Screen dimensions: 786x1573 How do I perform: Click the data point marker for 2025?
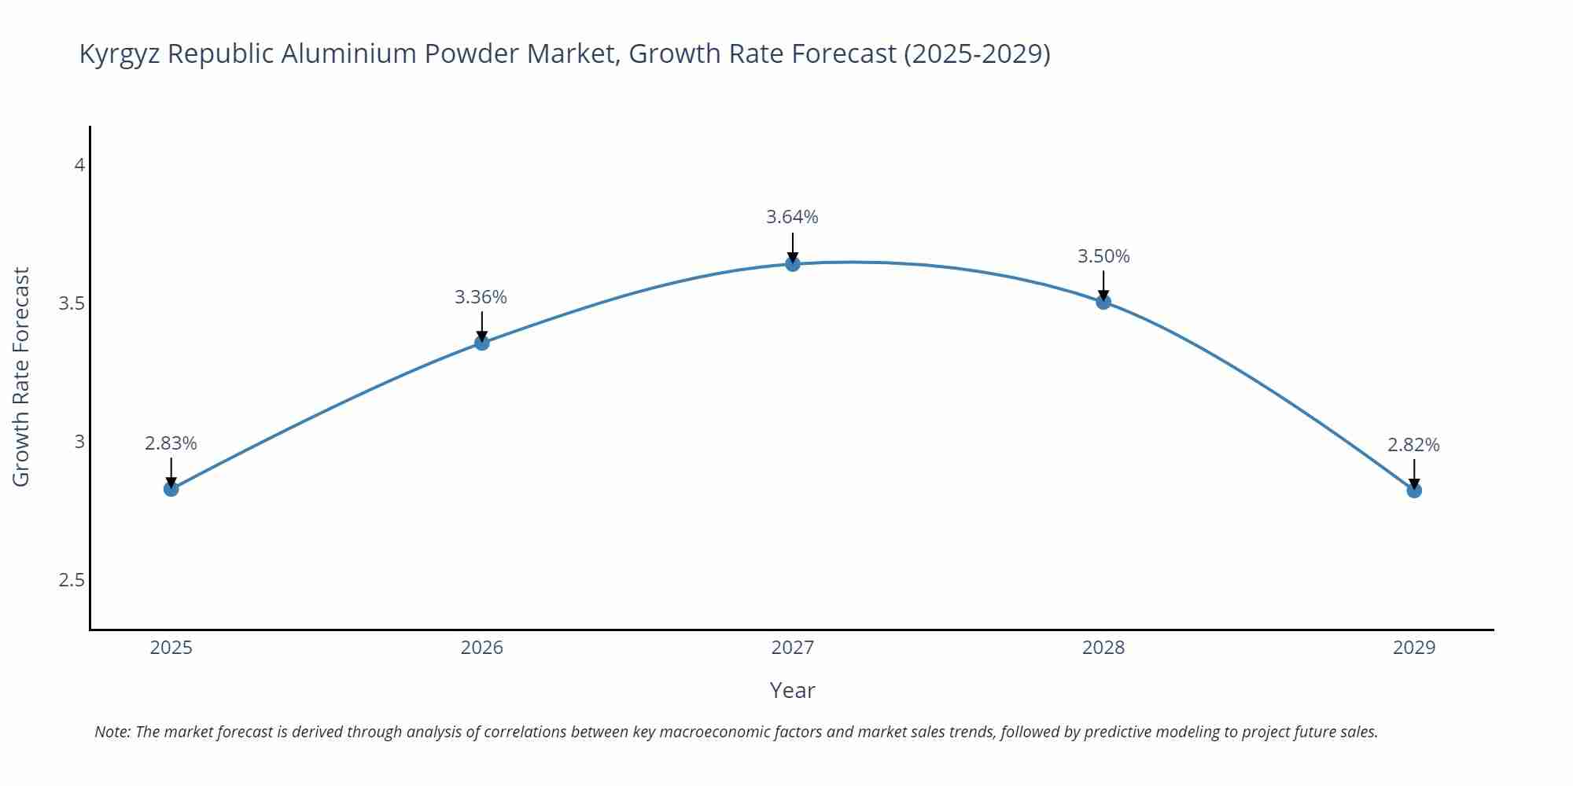[x=171, y=489]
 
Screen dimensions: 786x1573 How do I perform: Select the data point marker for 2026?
[x=482, y=343]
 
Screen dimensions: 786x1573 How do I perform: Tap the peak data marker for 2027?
[x=793, y=264]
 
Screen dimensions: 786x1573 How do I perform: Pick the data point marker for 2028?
[x=1103, y=302]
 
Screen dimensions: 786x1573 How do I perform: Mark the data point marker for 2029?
[x=1414, y=490]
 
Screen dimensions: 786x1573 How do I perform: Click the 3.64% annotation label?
[x=792, y=217]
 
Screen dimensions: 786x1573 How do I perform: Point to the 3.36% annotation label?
[x=481, y=297]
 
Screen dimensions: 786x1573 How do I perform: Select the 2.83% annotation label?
[x=171, y=443]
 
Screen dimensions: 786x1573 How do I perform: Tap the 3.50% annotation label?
[x=1103, y=256]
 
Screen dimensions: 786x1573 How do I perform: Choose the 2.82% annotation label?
[x=1413, y=445]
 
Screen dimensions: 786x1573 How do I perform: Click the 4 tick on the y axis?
[x=79, y=165]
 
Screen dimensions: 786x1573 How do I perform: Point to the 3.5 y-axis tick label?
[x=72, y=303]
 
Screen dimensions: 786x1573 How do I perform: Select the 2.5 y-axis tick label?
[x=72, y=580]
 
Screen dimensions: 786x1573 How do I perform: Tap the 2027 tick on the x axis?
[x=793, y=648]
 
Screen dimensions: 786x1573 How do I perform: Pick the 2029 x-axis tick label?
[x=1414, y=648]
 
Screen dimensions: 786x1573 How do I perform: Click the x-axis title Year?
[x=792, y=690]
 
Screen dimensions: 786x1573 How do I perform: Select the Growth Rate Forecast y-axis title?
[x=21, y=376]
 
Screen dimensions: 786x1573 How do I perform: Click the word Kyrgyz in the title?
[x=120, y=54]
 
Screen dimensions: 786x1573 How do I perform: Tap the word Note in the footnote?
[x=111, y=732]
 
